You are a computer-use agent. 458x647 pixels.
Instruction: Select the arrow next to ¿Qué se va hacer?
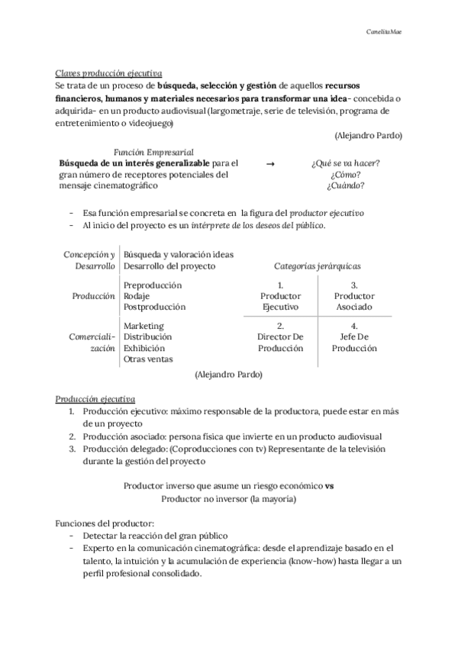coord(269,163)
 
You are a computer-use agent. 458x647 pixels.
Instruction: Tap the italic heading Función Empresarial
coord(153,152)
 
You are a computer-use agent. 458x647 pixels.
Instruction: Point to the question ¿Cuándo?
coord(345,185)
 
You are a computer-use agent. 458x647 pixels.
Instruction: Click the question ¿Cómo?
coord(345,175)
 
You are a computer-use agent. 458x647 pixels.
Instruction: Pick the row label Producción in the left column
coord(93,296)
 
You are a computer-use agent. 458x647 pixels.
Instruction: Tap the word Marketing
coord(144,327)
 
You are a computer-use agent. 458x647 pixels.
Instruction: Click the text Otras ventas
coord(148,359)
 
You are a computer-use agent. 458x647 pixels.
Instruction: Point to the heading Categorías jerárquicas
coord(318,266)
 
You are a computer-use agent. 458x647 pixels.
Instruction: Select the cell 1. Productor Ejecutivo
coord(280,296)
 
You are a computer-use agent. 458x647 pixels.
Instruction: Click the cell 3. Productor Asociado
coord(354,296)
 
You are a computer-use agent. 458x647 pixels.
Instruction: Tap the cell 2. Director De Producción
coord(280,337)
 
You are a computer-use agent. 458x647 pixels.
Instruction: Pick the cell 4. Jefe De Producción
coord(354,337)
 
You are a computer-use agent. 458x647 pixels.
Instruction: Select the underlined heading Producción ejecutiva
coord(95,399)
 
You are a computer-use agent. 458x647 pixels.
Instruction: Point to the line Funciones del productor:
coord(105,523)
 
